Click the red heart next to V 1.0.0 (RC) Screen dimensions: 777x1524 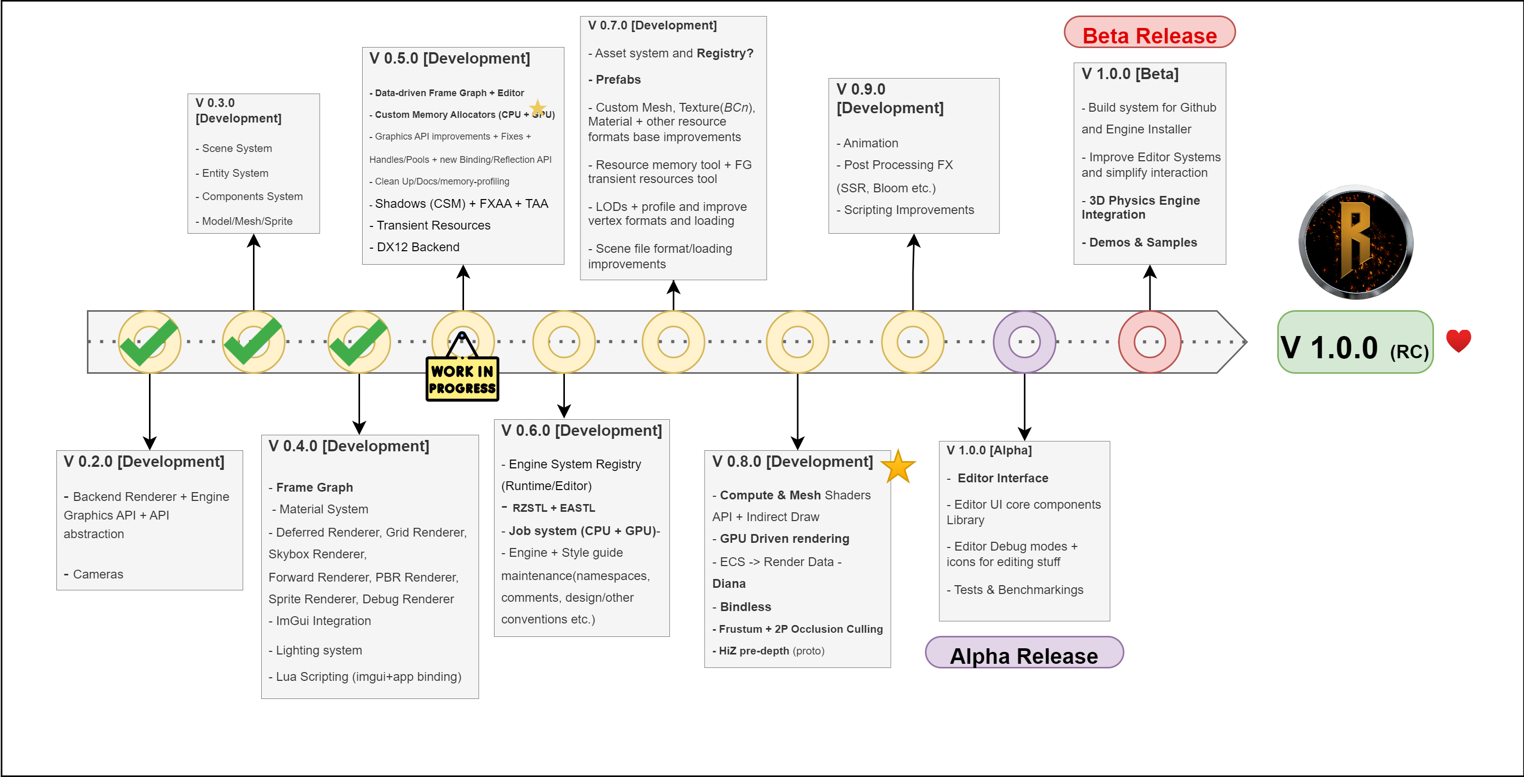1458,341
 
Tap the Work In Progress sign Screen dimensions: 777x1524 462,379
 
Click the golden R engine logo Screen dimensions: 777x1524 1355,242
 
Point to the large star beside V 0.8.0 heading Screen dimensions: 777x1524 898,466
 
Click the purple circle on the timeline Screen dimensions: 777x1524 1024,342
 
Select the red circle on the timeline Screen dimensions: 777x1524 1149,342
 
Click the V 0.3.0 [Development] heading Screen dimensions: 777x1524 238,111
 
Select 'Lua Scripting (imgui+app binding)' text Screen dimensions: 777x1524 368,677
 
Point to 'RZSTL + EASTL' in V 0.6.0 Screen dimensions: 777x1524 553,508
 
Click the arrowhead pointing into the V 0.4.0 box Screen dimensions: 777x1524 359,428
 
